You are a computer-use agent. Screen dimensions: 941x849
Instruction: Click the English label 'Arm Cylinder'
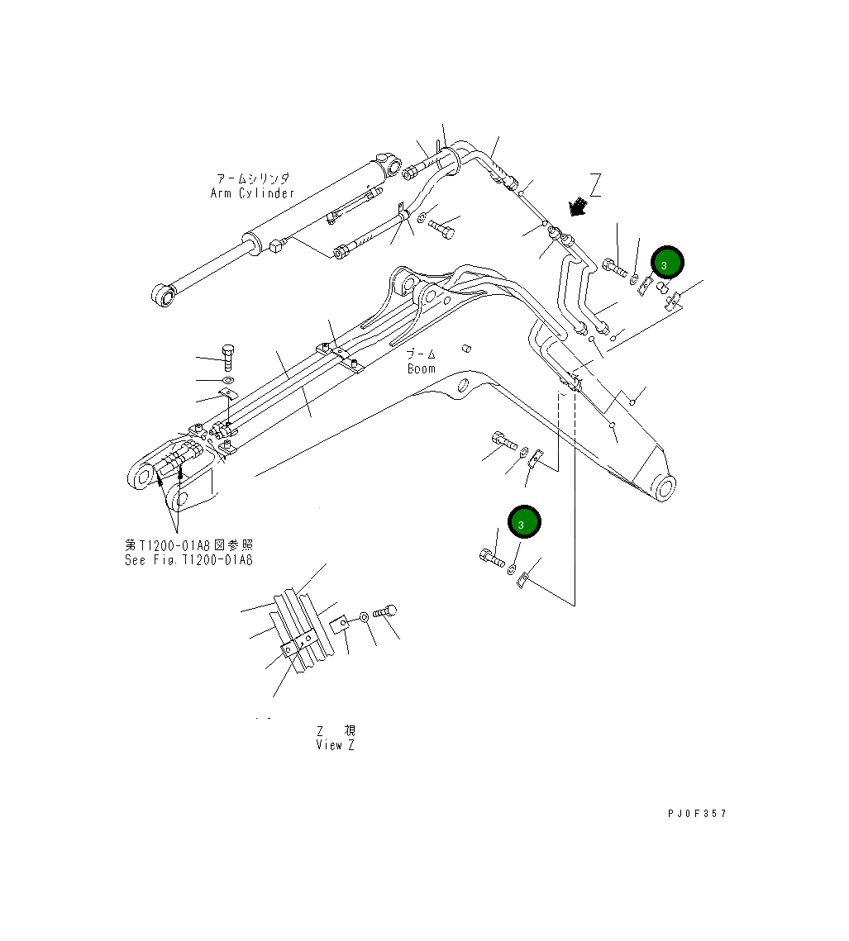click(x=252, y=193)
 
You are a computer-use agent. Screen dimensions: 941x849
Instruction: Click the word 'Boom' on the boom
click(x=421, y=368)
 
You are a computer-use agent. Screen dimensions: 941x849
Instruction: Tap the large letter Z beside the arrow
click(x=594, y=185)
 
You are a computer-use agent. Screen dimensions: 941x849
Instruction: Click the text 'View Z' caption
click(x=336, y=745)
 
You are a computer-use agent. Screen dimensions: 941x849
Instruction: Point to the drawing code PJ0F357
click(x=697, y=814)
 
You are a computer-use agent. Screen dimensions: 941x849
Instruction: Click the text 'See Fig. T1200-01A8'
click(x=189, y=559)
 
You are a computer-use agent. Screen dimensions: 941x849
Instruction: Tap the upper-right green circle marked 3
click(x=667, y=264)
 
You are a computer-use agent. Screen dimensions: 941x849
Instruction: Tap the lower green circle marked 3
click(x=524, y=522)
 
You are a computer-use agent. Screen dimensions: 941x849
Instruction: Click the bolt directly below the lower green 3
click(x=491, y=559)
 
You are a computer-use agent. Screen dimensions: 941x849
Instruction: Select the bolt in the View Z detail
click(x=385, y=612)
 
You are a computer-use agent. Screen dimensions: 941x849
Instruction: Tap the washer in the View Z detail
click(x=365, y=616)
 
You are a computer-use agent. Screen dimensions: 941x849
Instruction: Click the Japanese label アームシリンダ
click(x=252, y=178)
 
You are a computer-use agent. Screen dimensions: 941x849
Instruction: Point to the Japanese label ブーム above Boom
click(x=421, y=354)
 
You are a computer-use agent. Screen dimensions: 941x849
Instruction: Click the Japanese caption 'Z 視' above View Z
click(x=336, y=731)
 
